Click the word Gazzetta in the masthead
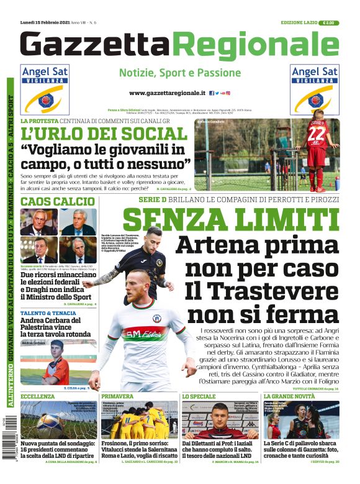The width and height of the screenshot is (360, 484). click(x=96, y=46)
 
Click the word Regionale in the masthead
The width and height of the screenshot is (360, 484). click(x=256, y=46)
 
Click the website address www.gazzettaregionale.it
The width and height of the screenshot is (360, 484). click(x=167, y=93)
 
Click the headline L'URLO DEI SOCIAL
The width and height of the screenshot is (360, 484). click(x=103, y=133)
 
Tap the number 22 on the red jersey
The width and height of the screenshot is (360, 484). click(x=317, y=134)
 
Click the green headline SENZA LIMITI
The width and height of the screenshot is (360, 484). click(x=230, y=221)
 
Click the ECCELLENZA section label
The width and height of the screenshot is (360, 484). click(x=38, y=396)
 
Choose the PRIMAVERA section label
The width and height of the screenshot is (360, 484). click(x=117, y=396)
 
